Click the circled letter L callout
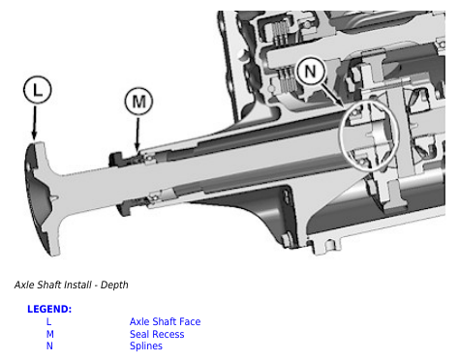click(38, 89)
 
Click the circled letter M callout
click(138, 101)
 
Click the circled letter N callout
click(310, 70)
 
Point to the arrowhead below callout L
click(34, 135)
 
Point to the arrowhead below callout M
click(138, 147)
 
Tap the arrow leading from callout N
click(332, 94)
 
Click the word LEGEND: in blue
click(49, 309)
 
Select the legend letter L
click(48, 321)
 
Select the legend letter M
click(49, 334)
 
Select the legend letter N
click(49, 345)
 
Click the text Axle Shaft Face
click(165, 321)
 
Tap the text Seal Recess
click(157, 334)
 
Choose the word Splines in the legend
click(146, 345)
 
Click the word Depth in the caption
click(114, 285)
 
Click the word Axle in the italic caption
click(24, 285)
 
